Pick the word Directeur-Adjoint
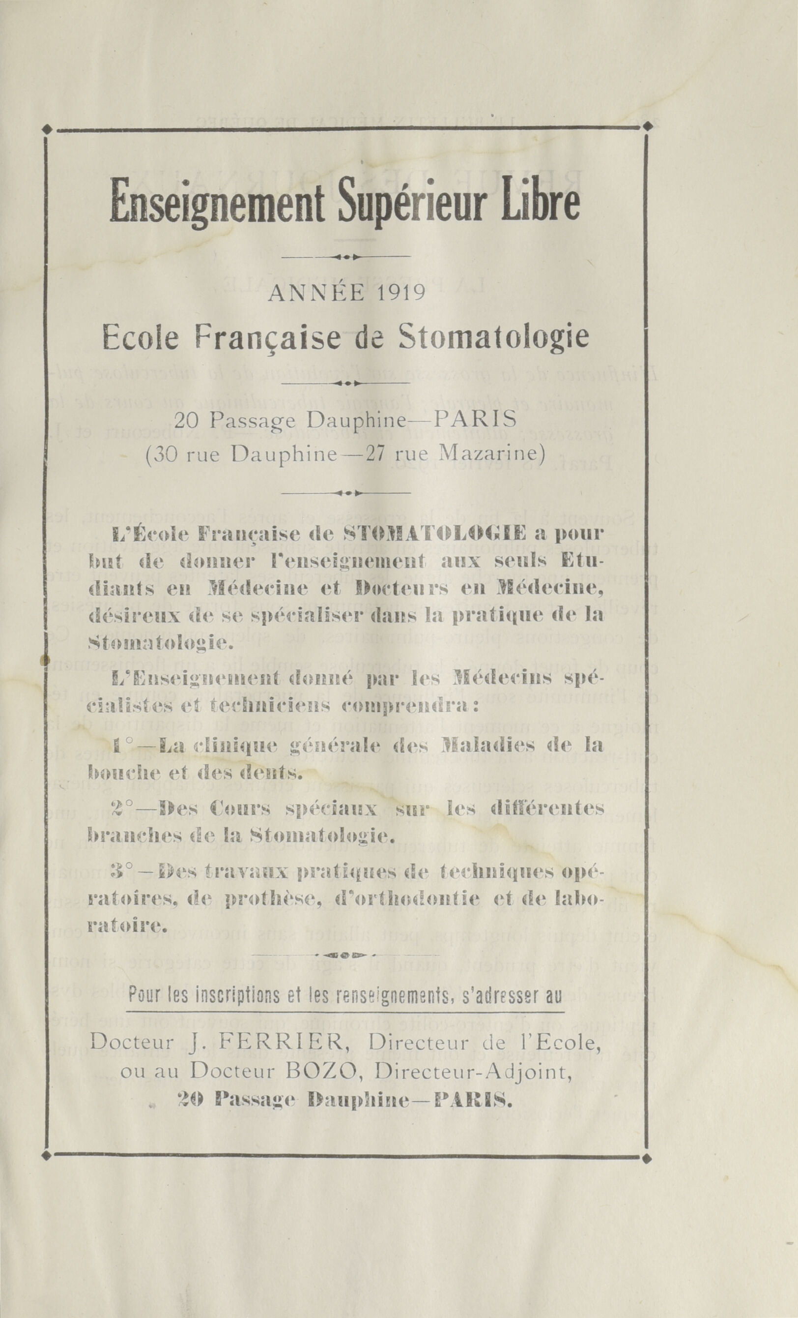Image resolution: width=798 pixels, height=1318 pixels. (x=487, y=1055)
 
